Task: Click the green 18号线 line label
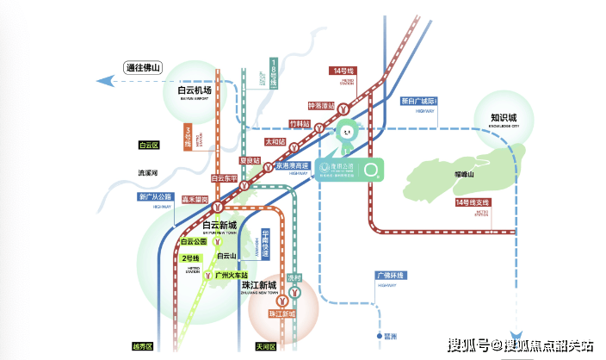pyautogui.click(x=274, y=76)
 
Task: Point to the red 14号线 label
pyautogui.click(x=342, y=71)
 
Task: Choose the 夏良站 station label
pyautogui.click(x=249, y=161)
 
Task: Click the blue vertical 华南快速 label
pyautogui.click(x=266, y=246)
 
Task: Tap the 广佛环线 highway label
pyautogui.click(x=389, y=276)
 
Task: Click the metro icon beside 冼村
pyautogui.click(x=296, y=294)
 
